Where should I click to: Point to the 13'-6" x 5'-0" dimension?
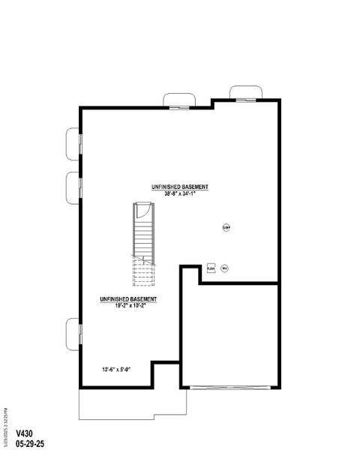point(116,369)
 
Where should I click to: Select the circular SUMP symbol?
point(226,227)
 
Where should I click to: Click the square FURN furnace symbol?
point(211,268)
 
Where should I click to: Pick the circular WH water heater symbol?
point(223,268)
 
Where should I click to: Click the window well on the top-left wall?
point(179,100)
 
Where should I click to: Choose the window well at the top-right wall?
point(244,93)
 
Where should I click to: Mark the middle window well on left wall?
point(73,186)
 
